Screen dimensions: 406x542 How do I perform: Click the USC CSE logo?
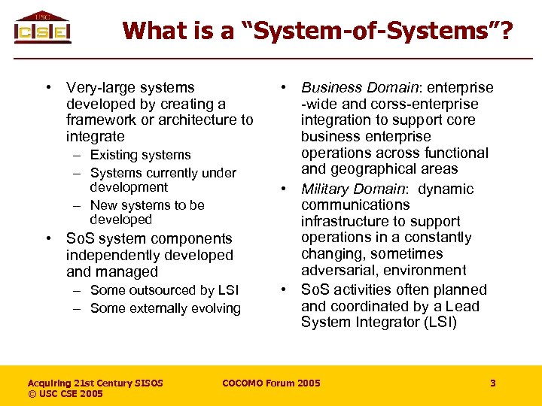click(x=42, y=28)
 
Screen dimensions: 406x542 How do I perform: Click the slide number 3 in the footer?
click(x=493, y=383)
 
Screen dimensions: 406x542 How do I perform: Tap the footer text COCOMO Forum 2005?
click(x=271, y=383)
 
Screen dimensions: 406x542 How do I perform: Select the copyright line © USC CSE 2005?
click(x=65, y=394)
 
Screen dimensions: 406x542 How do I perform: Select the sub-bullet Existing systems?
click(x=140, y=155)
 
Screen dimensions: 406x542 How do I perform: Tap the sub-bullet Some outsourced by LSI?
click(x=164, y=290)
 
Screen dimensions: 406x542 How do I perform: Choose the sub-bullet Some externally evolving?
click(x=165, y=308)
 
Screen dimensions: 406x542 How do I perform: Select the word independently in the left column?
click(x=112, y=255)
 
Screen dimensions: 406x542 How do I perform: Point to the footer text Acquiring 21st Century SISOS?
click(x=95, y=383)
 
